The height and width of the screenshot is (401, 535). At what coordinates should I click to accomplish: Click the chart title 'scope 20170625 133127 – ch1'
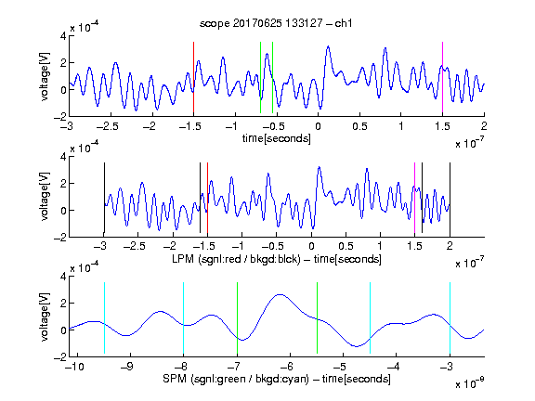coord(276,23)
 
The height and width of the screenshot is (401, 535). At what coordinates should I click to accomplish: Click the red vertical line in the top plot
coord(193,77)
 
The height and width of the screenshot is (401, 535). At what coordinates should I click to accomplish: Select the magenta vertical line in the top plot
coord(442,77)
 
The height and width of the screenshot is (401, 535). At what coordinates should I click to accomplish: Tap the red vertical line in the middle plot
coord(207,198)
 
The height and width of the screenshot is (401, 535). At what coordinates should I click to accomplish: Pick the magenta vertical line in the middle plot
coord(414,198)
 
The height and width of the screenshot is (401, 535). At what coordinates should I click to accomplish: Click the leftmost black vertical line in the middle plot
coord(104,198)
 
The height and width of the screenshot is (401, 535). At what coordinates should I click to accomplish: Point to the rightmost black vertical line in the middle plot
coord(450,198)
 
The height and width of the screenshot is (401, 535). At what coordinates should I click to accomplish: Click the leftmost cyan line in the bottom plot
coord(104,317)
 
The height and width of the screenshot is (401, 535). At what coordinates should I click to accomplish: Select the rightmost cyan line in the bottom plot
coord(450,317)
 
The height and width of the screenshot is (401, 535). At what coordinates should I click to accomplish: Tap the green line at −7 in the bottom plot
coord(237,317)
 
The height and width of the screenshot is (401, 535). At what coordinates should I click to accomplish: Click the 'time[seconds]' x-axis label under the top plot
coord(277,138)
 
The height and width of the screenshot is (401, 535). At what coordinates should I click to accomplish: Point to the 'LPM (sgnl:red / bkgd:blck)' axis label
coord(236,259)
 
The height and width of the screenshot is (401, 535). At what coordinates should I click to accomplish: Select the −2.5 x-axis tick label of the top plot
coord(107,126)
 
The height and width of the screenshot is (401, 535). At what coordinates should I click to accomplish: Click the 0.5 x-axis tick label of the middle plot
coord(346,246)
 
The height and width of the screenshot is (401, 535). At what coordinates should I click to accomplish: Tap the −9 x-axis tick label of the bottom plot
coord(127,367)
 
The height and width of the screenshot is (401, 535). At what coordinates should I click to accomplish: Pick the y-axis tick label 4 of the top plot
coord(63,36)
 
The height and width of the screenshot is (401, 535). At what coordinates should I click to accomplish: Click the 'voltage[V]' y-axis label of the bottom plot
coord(45,317)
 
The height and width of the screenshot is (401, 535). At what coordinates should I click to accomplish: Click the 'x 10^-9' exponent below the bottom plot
coord(469,382)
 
